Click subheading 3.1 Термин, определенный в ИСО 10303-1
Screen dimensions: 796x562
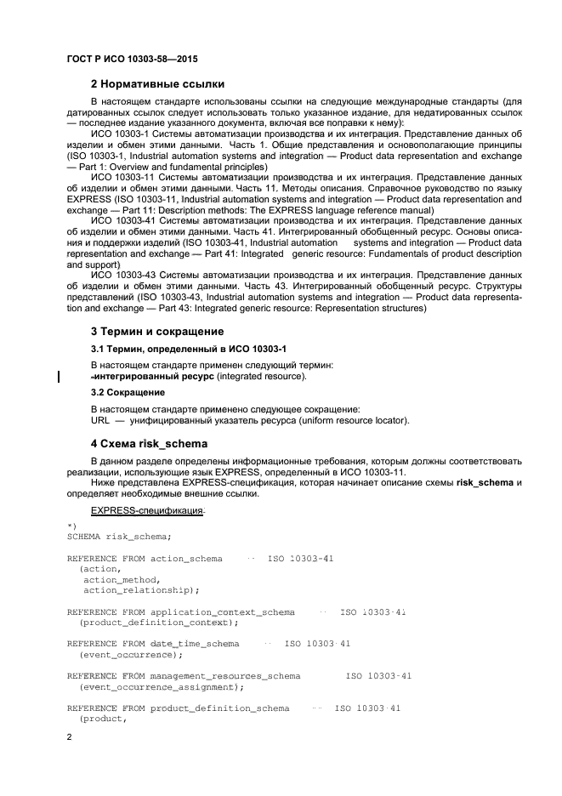pos(188,350)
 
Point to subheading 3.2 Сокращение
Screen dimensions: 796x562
pos(128,392)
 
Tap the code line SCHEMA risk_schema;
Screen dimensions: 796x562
pos(119,536)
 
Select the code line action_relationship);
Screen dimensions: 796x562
pos(140,589)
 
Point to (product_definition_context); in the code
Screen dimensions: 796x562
pos(153,623)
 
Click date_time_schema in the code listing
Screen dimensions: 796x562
pos(195,644)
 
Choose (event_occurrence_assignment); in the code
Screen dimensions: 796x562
pos(161,686)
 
